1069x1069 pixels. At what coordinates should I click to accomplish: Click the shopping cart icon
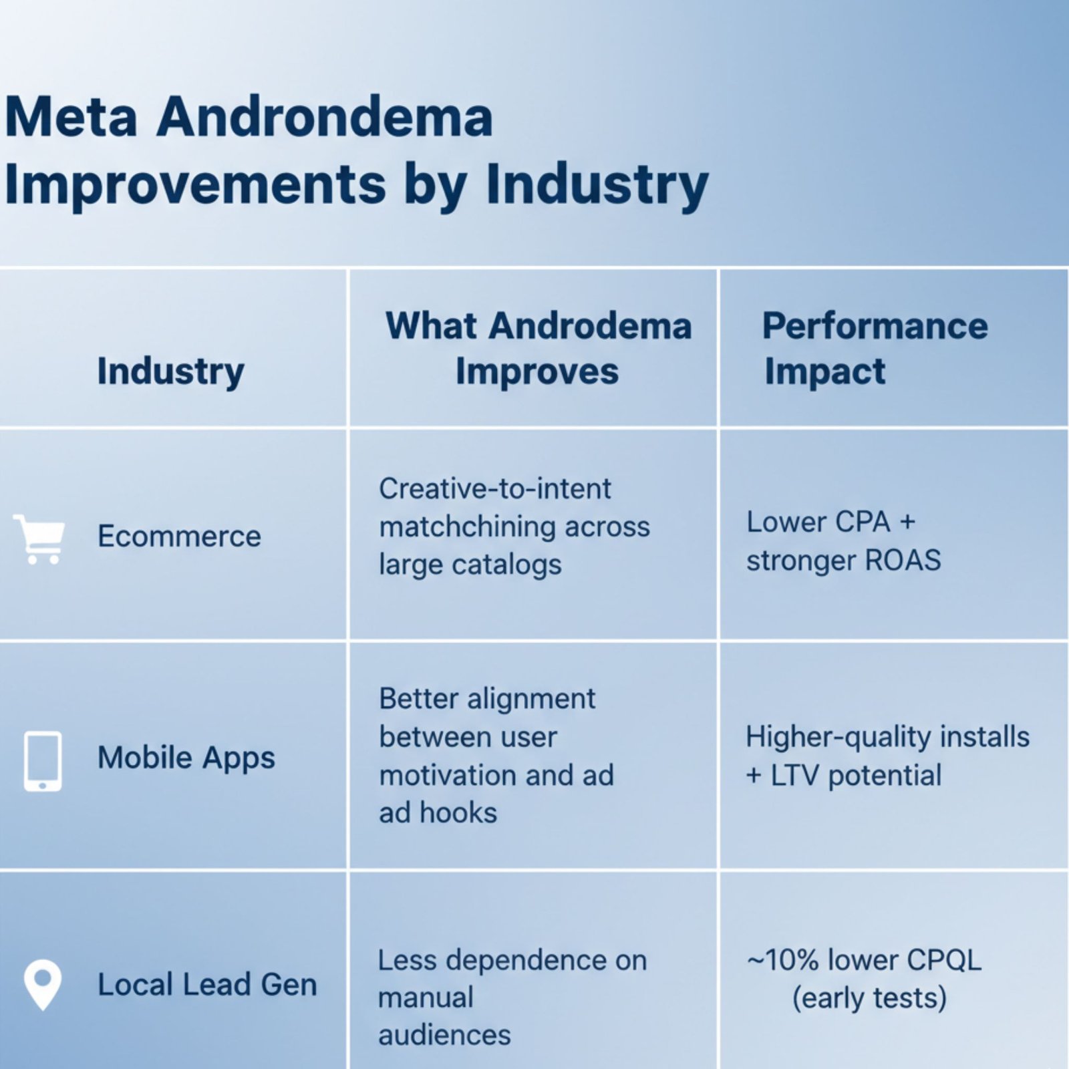(x=40, y=539)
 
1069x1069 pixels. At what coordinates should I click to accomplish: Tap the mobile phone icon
(x=43, y=761)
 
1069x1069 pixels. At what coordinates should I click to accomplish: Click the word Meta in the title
(x=71, y=118)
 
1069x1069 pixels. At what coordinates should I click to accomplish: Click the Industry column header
(x=170, y=371)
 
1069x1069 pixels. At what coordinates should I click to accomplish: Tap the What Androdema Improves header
(x=538, y=348)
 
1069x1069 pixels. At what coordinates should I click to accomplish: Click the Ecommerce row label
(x=179, y=536)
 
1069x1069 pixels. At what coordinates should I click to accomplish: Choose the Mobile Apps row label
(x=186, y=758)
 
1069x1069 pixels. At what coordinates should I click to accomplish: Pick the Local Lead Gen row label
(x=207, y=985)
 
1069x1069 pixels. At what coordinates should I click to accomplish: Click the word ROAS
(x=903, y=560)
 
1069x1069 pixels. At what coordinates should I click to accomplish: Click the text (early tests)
(x=869, y=998)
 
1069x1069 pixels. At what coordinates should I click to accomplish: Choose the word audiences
(x=444, y=1035)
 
